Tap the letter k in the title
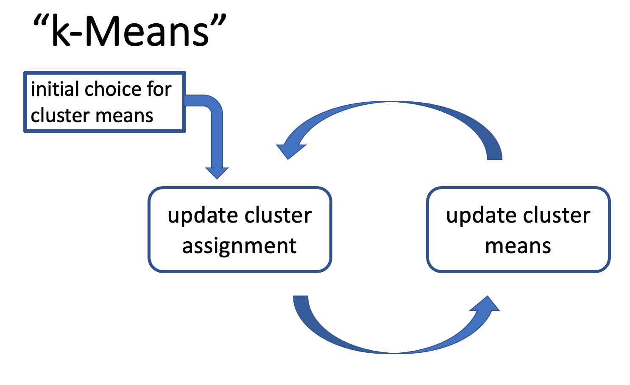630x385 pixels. coord(61,30)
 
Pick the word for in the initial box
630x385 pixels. coord(159,89)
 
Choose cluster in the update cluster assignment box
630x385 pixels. coord(278,215)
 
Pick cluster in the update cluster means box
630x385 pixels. coord(557,215)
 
